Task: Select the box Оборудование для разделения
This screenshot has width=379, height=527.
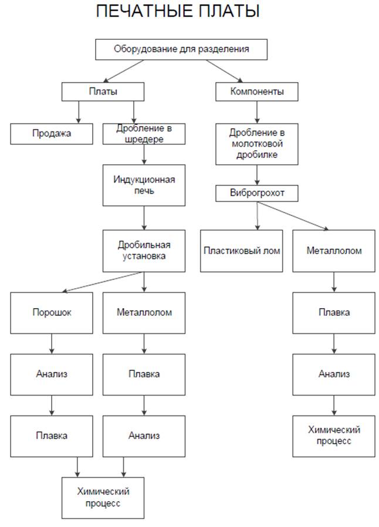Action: point(181,49)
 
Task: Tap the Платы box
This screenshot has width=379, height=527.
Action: point(103,92)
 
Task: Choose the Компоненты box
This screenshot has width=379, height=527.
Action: point(258,92)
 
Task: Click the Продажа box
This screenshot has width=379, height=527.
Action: point(52,134)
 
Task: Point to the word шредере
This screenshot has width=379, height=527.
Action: point(144,140)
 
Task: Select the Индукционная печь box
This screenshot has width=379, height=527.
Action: point(144,185)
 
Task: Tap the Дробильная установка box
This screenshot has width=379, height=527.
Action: point(144,251)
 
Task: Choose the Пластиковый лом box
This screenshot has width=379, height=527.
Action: point(242,251)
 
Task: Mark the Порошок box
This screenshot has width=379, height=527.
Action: point(52,312)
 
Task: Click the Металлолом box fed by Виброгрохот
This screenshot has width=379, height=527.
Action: point(334,251)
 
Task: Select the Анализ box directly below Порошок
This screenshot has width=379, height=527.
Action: point(52,373)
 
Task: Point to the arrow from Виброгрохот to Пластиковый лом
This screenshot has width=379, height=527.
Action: point(257,215)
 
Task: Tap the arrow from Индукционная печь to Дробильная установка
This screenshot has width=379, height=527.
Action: point(144,218)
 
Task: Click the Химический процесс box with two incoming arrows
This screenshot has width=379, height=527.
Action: point(103,498)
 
